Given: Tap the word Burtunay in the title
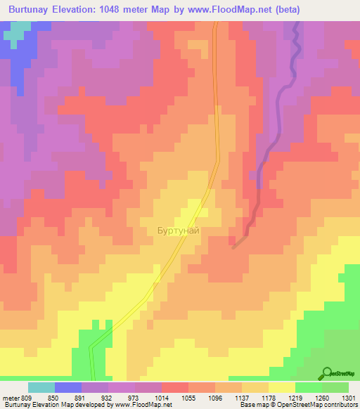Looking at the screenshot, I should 28,8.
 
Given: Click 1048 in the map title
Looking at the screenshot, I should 124,8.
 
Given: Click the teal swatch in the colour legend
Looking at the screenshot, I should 41,387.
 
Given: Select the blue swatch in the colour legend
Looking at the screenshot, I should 67,387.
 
